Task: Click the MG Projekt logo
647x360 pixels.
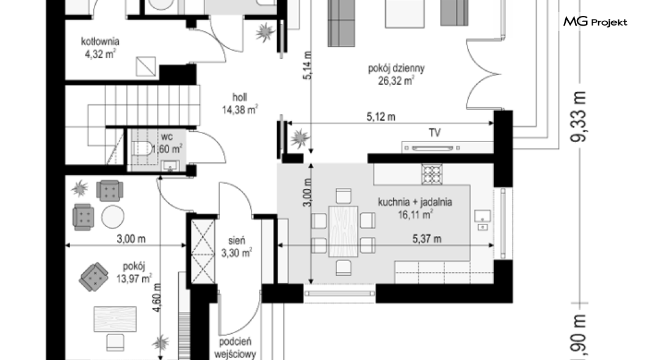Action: tap(595, 21)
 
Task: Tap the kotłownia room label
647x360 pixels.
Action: tap(100, 41)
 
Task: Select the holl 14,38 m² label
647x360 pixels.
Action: tap(240, 104)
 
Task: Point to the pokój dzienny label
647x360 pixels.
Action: tap(396, 68)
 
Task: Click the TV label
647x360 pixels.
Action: tap(435, 133)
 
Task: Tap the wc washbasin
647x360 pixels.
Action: tap(170, 167)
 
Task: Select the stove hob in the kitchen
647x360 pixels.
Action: tap(432, 174)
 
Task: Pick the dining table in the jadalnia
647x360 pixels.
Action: tap(343, 231)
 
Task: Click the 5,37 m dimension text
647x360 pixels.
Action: tap(427, 239)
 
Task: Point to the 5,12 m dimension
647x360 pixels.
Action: tap(381, 117)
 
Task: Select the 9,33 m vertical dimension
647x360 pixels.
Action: tap(578, 117)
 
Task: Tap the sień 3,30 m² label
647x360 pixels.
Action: tap(236, 247)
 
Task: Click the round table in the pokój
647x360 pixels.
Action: tap(113, 217)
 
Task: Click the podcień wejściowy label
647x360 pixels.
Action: tap(235, 348)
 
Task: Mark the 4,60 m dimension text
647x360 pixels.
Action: tap(157, 297)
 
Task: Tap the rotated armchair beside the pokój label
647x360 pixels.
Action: tap(93, 276)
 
